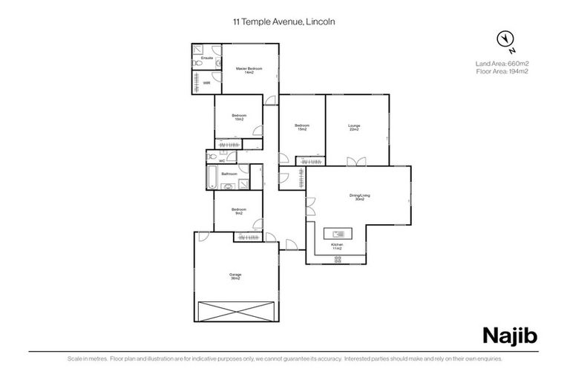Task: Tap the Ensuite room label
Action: [x=207, y=57]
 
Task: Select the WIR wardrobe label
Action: [x=206, y=82]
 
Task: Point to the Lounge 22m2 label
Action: [x=354, y=128]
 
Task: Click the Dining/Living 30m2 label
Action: [x=359, y=197]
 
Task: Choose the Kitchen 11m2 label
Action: [x=337, y=245]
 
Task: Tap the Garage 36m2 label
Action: [x=235, y=276]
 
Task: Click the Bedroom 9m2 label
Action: [x=238, y=211]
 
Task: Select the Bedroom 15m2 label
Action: [x=301, y=127]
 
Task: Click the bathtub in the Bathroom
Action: [x=212, y=177]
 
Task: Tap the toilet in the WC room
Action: [x=212, y=157]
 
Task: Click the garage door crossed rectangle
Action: [x=236, y=312]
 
